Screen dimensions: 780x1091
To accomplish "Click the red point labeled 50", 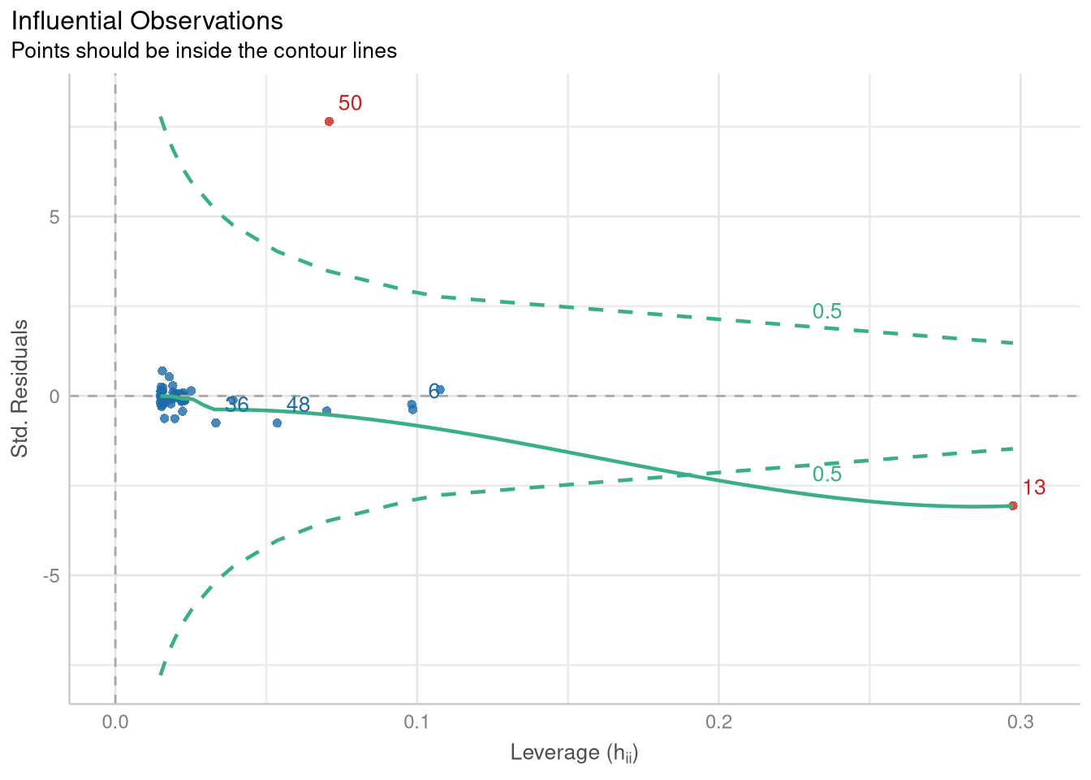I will pos(329,121).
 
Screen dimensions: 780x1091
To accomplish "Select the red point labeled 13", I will pos(1012,505).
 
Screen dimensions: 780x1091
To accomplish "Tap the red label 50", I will pos(350,103).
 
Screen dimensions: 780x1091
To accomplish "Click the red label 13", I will pos(1033,487).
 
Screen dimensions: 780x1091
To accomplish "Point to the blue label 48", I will pos(298,405).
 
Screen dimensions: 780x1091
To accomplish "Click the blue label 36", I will pos(236,405).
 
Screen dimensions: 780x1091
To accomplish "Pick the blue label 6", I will pos(434,392).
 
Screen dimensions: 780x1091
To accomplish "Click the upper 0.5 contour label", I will pos(827,311).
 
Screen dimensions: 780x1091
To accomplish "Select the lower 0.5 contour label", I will pos(827,474).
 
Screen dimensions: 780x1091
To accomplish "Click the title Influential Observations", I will pos(147,20).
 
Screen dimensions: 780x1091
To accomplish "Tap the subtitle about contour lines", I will pos(204,51).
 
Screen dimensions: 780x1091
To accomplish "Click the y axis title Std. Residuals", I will pos(19,388).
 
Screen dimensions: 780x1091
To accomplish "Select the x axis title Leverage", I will pos(574,753).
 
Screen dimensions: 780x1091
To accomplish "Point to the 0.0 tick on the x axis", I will pos(115,722).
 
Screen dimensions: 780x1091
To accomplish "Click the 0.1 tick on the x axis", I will pos(417,722).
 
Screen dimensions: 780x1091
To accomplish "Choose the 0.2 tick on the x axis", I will pos(719,722).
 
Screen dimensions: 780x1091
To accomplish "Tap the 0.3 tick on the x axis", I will pos(1020,722).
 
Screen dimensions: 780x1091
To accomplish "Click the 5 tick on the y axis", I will pos(55,217).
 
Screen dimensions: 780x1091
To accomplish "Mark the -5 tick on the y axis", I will pos(52,575).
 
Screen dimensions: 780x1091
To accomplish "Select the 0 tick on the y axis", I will pos(55,396).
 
